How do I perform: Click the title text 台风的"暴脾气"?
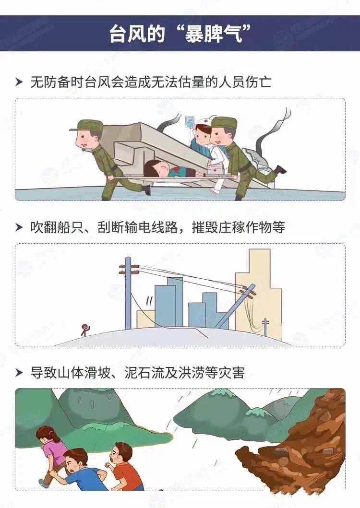pyautogui.click(x=180, y=34)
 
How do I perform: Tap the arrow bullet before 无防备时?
pyautogui.click(x=19, y=82)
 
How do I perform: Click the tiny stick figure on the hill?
pyautogui.click(x=85, y=329)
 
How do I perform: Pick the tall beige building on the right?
pyautogui.click(x=258, y=293)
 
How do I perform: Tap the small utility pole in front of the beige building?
pyautogui.click(x=264, y=327)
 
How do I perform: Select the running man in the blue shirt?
pyautogui.click(x=82, y=473)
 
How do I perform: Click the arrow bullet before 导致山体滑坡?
pyautogui.click(x=19, y=373)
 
